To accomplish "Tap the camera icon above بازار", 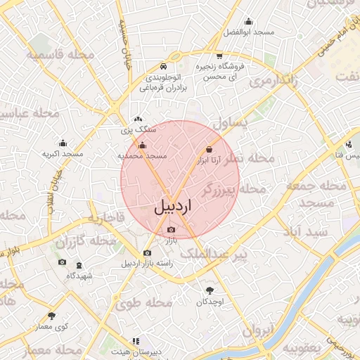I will pyautogui.click(x=172, y=230).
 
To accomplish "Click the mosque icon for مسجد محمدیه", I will pyautogui.click(x=143, y=146).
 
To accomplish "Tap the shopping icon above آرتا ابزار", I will pyautogui.click(x=209, y=149).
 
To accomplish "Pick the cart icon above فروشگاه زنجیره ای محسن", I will pyautogui.click(x=219, y=56).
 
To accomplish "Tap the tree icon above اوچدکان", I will pyautogui.click(x=210, y=290).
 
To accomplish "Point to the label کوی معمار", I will pyautogui.click(x=53, y=326).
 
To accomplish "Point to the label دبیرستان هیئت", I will pyautogui.click(x=136, y=349).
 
